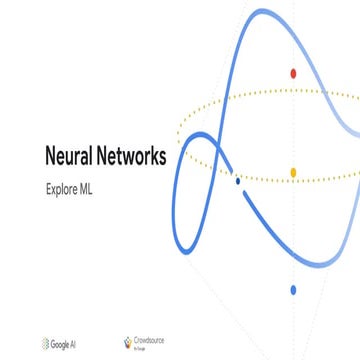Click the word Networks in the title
tap(134, 157)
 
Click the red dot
tap(293, 73)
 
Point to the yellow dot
tap(293, 172)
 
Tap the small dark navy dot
tap(237, 181)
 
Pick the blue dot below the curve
tap(293, 290)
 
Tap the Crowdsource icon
tap(126, 342)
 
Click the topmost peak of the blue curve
tap(262, 11)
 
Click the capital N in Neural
tap(51, 157)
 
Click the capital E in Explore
tap(48, 186)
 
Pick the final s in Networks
tap(163, 158)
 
